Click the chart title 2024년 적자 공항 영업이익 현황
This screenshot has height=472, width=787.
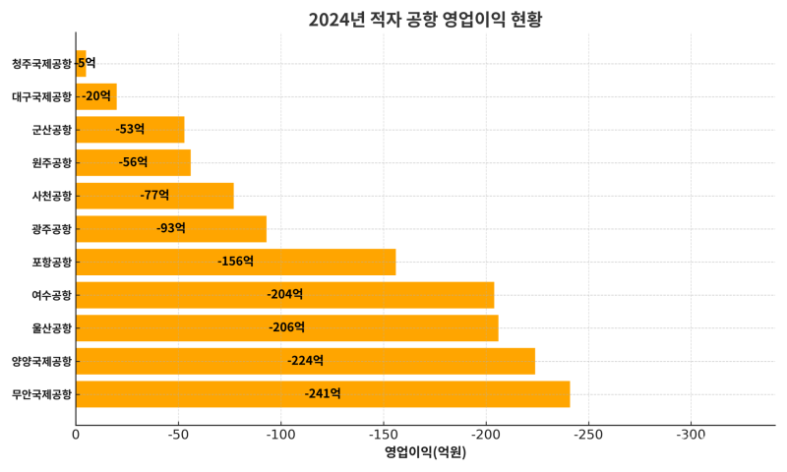point(425,20)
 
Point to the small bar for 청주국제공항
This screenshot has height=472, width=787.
point(81,63)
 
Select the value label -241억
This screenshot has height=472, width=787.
point(323,393)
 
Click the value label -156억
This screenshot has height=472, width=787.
point(235,262)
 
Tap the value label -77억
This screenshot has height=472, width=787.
point(154,196)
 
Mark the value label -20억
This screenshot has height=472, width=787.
point(96,96)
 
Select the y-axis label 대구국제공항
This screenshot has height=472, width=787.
point(41,96)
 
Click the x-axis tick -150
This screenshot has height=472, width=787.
point(383,435)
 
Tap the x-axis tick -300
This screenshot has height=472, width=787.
point(691,435)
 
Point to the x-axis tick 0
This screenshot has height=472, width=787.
point(76,435)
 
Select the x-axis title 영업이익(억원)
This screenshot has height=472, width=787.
point(425,453)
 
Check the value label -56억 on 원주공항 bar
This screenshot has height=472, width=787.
point(133,162)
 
